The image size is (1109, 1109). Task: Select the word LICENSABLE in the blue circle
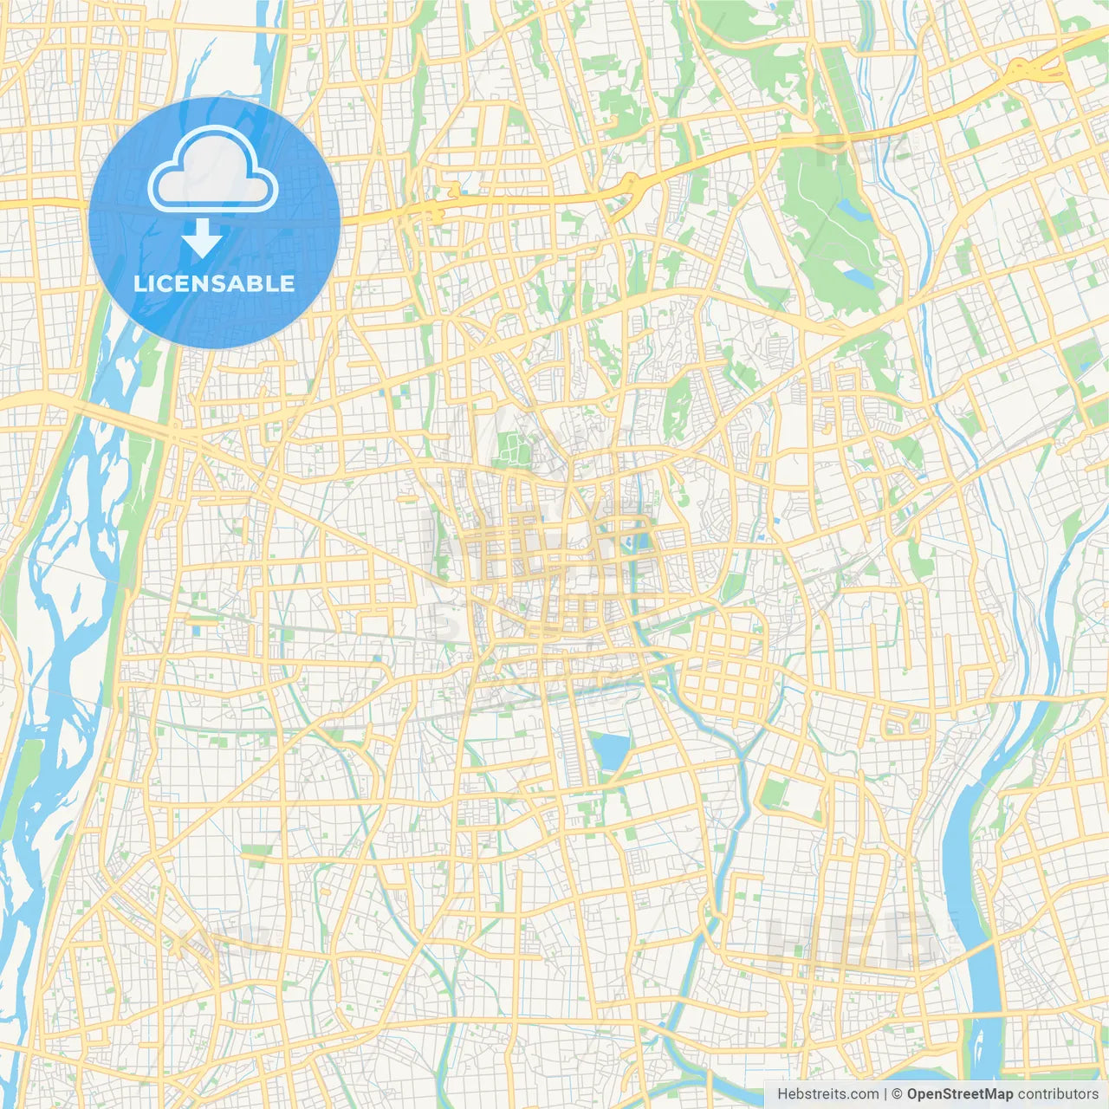tap(214, 283)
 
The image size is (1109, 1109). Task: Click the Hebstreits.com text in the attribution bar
tap(827, 1094)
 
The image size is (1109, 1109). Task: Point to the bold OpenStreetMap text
tap(959, 1094)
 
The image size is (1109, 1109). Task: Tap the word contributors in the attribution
tap(1058, 1094)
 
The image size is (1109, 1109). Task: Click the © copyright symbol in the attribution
tap(897, 1094)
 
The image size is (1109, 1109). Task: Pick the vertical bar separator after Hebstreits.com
tap(885, 1094)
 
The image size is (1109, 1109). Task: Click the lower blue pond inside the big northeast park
tap(859, 276)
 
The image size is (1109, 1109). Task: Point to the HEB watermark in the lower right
tap(849, 940)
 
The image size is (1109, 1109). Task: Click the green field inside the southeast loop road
tap(776, 792)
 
